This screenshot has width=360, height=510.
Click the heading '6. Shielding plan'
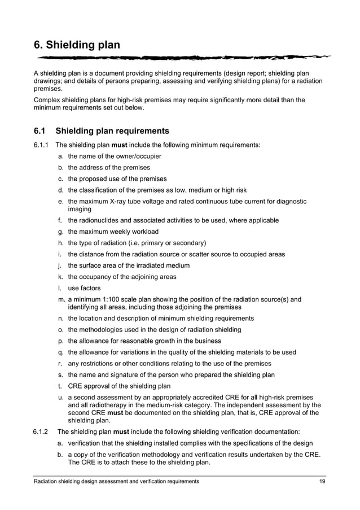pos(77,44)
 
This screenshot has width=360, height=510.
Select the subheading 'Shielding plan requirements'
pos(116,131)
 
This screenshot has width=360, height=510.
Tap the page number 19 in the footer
pos(322,481)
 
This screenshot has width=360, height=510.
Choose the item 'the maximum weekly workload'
pos(113,232)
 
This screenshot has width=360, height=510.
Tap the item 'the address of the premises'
pos(109,168)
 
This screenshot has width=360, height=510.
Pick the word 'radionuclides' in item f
pos(100,220)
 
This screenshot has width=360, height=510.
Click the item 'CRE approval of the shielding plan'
pos(118,386)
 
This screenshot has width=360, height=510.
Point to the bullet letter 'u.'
pos(60,397)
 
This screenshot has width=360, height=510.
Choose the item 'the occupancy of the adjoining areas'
pos(122,277)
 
